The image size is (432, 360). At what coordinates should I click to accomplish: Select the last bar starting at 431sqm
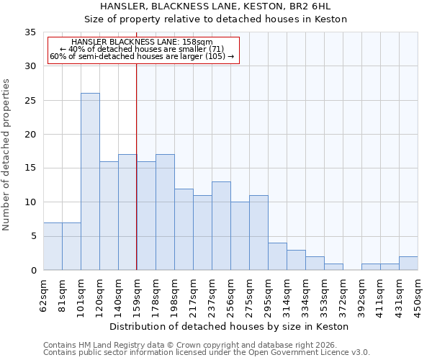pyautogui.click(x=408, y=263)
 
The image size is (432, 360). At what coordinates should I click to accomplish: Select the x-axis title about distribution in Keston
pyautogui.click(x=230, y=326)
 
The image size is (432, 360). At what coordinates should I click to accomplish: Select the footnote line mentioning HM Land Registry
pyautogui.click(x=194, y=345)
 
